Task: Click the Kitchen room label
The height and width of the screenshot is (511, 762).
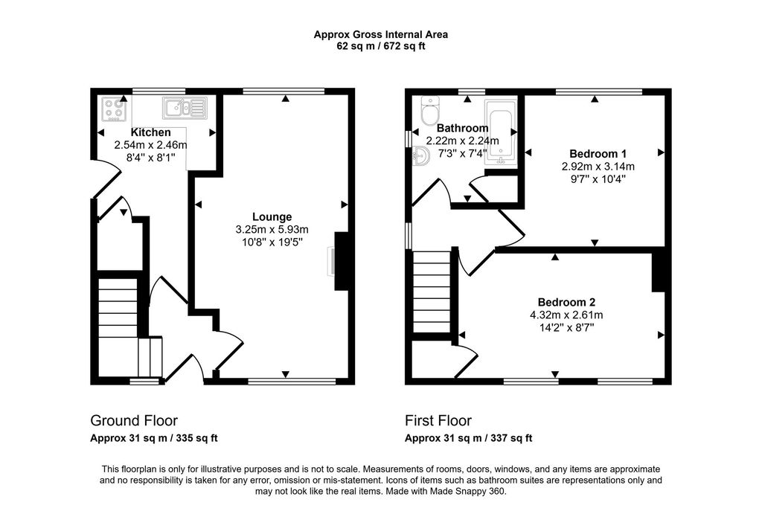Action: click(x=151, y=132)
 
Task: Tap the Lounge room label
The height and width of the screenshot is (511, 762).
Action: click(x=272, y=216)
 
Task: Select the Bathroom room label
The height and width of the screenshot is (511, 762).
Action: click(x=461, y=127)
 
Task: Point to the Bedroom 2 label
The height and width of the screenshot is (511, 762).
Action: click(x=566, y=302)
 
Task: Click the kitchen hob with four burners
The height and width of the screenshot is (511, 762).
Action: click(x=114, y=109)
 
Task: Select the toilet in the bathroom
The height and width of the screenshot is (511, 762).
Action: click(x=429, y=112)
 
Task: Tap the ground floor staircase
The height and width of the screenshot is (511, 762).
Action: click(x=120, y=316)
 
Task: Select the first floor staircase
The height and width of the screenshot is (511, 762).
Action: click(x=432, y=292)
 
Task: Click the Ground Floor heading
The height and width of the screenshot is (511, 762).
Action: click(x=134, y=421)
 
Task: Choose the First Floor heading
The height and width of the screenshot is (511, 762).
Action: click(x=438, y=421)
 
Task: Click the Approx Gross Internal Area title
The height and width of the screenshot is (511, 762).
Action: click(x=380, y=34)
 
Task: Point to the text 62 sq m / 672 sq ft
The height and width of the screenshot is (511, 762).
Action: click(x=380, y=46)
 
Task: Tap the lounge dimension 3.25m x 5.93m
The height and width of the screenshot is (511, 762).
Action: click(x=272, y=229)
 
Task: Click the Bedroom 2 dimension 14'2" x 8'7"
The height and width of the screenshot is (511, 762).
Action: click(x=566, y=327)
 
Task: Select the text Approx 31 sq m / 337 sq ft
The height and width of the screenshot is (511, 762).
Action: click(x=468, y=438)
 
